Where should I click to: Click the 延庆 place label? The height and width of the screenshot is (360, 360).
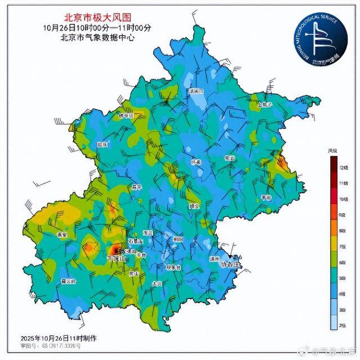click(102, 145)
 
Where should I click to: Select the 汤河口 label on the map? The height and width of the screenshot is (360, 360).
click(196, 91)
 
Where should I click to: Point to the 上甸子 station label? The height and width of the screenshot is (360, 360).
click(264, 105)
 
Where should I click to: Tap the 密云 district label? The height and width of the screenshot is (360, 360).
click(229, 159)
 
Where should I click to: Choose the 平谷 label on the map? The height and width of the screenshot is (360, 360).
click(266, 197)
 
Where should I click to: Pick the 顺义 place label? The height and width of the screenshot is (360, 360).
click(195, 206)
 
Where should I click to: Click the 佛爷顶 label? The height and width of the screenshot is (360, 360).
click(126, 116)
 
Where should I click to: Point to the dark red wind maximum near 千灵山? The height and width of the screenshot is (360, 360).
click(114, 249)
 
